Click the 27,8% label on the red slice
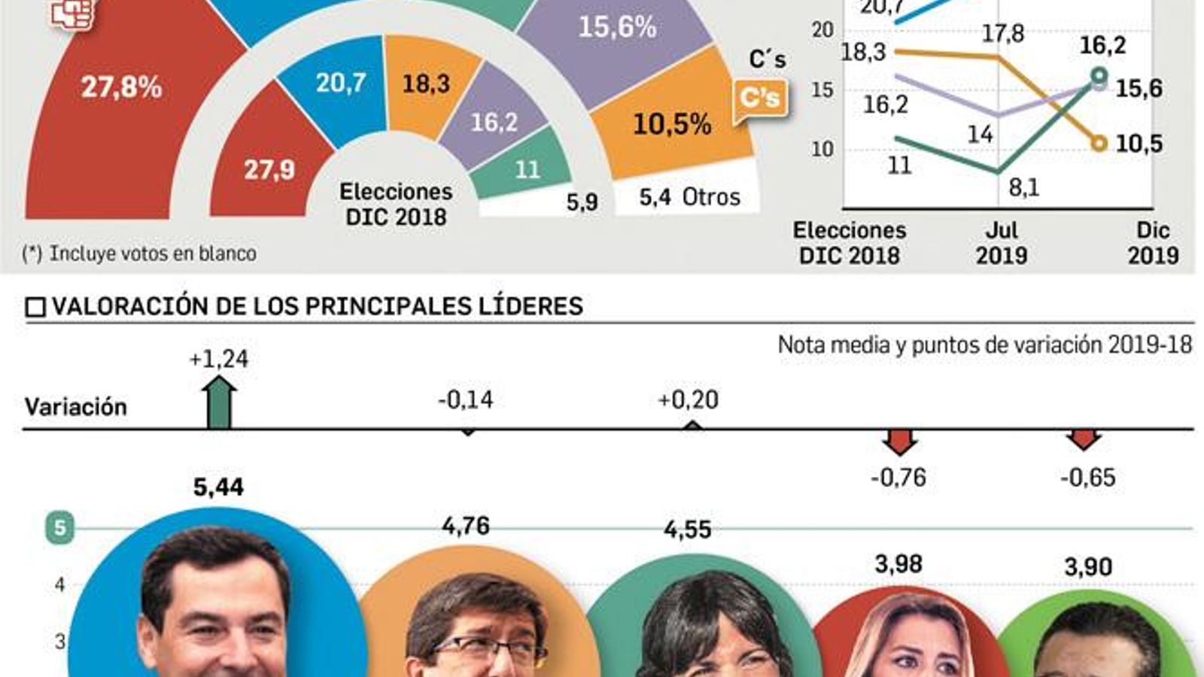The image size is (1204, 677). [x=121, y=87]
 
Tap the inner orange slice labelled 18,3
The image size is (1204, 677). [x=426, y=83]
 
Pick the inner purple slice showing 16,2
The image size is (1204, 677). [x=494, y=122]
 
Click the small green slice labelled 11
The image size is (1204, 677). [x=527, y=168]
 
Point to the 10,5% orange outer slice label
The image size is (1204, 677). [x=672, y=124]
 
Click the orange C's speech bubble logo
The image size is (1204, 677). [x=760, y=99]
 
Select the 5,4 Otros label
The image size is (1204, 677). [x=689, y=197]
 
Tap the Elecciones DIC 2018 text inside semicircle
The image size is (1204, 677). [x=396, y=204]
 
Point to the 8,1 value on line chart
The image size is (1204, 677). [x=1023, y=187]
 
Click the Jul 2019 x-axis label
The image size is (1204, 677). [x=1002, y=242]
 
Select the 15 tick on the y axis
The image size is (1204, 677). [x=822, y=90]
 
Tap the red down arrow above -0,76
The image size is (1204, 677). [x=899, y=442]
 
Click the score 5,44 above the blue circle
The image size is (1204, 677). [x=218, y=487]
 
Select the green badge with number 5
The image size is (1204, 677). [x=60, y=528]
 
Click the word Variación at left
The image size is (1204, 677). [x=76, y=407]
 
